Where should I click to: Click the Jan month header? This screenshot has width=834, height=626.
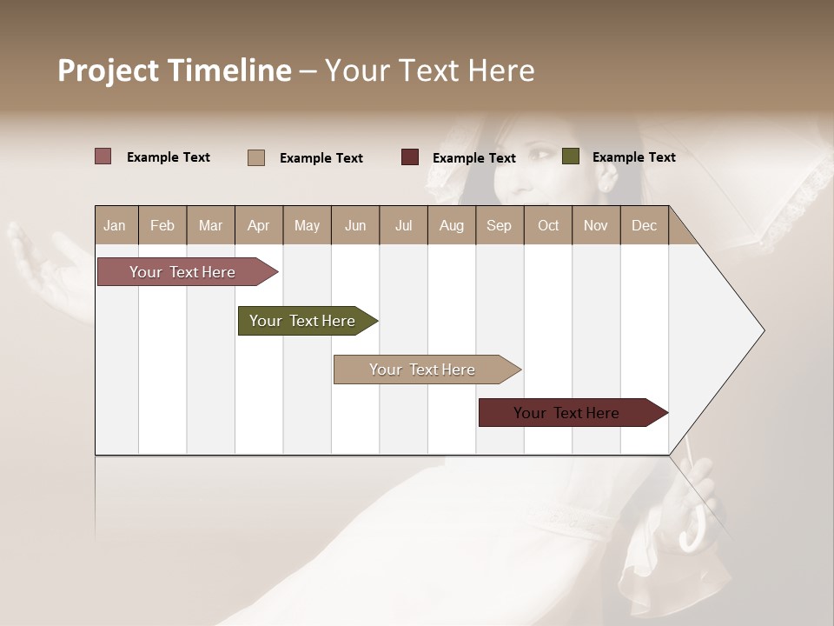(x=115, y=225)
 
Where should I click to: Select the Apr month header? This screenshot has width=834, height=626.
(x=258, y=225)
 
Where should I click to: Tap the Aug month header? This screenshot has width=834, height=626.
(x=451, y=225)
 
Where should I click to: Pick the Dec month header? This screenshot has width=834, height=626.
(x=644, y=225)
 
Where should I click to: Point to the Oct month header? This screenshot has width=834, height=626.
(x=548, y=225)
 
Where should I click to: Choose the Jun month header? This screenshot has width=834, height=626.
(x=355, y=225)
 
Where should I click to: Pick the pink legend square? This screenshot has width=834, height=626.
(x=103, y=156)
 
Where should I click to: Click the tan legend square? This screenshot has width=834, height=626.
(x=256, y=157)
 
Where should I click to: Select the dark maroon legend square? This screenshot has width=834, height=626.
(x=410, y=157)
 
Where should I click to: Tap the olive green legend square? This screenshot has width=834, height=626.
(x=570, y=156)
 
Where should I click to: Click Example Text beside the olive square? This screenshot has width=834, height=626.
(x=633, y=156)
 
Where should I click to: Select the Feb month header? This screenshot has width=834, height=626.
(x=162, y=225)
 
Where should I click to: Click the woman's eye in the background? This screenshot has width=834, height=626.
(x=540, y=155)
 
